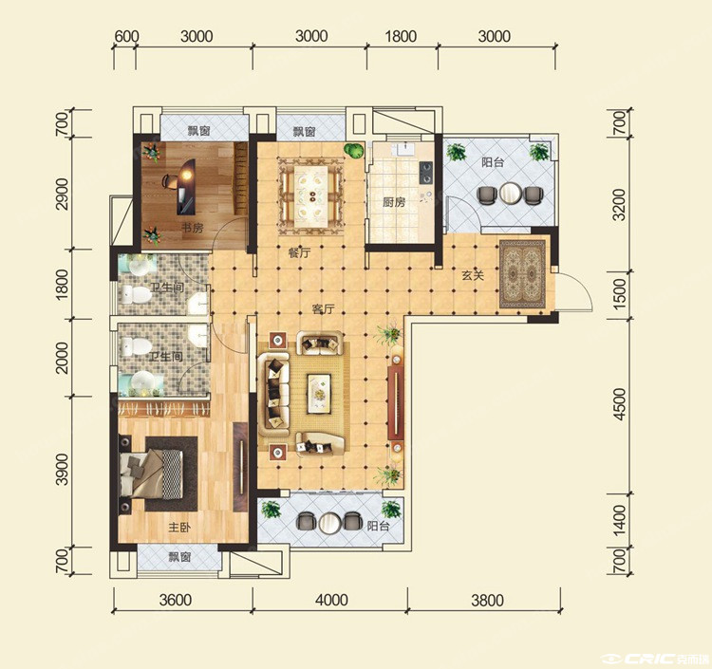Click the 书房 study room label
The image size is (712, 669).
(x=192, y=228)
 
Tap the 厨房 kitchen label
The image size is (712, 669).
(x=394, y=202)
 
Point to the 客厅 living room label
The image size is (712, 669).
(x=323, y=309)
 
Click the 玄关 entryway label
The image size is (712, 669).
(x=473, y=275)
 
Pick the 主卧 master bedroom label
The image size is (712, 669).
(x=179, y=528)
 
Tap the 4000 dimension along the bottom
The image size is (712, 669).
(x=331, y=600)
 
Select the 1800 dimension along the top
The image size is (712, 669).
(x=401, y=36)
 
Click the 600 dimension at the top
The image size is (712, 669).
(x=126, y=36)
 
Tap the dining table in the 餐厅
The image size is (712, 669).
(x=311, y=196)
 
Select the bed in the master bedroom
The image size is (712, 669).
(x=152, y=474)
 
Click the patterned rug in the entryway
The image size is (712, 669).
(x=523, y=274)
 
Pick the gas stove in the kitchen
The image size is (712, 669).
(x=426, y=173)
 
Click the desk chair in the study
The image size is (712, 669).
(x=170, y=181)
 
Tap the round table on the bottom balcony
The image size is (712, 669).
(x=330, y=523)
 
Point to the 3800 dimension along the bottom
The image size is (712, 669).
(x=487, y=600)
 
